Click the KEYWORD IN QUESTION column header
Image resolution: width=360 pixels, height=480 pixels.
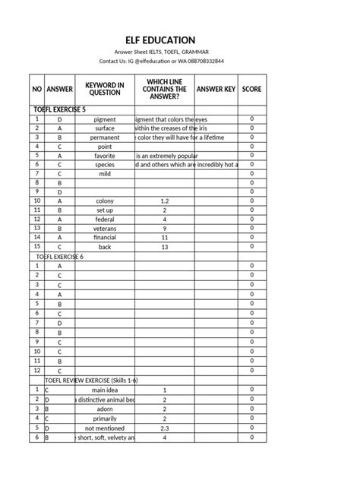click(105, 89)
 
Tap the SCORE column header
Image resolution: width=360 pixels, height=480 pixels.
click(252, 90)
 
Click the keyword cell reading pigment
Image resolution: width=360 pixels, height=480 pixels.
click(105, 120)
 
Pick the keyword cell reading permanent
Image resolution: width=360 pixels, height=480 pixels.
click(105, 138)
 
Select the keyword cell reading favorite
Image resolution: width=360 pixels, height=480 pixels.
click(105, 156)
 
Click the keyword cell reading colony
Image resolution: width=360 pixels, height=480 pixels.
click(105, 201)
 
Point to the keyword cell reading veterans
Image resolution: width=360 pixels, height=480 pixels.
click(105, 229)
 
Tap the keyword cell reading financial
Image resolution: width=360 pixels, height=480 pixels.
click(105, 238)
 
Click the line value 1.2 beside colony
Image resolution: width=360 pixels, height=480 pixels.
click(164, 201)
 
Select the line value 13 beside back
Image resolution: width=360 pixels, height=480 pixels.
click(164, 247)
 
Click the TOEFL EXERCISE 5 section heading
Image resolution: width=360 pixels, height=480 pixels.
click(65, 109)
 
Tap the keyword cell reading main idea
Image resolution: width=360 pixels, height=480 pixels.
click(105, 389)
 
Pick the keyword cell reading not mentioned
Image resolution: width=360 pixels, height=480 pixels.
click(105, 428)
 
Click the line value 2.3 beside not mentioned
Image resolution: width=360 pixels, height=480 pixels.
click(164, 428)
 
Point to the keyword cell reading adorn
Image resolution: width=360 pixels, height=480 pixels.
click(105, 408)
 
